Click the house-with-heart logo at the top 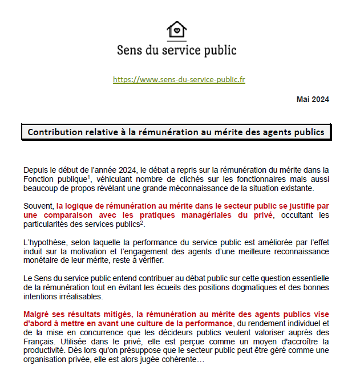point(176,30)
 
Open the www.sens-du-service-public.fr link point(179,80)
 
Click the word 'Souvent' point(39,206)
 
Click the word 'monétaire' point(42,261)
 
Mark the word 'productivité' point(48,351)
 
